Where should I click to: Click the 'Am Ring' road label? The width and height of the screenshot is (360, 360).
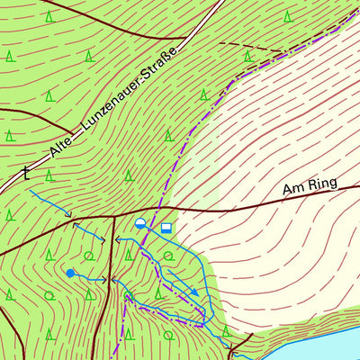tap(309, 185)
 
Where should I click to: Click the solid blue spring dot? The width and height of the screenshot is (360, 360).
tap(69, 272)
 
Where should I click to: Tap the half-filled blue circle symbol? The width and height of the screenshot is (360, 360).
tap(140, 224)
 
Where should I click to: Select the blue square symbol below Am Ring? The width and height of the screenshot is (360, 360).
tap(166, 229)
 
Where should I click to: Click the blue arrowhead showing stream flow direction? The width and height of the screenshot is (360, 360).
tap(193, 292)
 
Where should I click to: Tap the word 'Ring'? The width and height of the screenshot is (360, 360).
tap(321, 184)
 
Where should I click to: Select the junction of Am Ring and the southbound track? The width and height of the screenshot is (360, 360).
tap(112, 217)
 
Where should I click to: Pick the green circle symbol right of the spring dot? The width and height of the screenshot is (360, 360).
tap(88, 256)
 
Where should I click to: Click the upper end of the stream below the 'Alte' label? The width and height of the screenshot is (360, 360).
tap(31, 190)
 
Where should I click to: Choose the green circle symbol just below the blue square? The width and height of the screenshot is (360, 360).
tap(166, 256)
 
